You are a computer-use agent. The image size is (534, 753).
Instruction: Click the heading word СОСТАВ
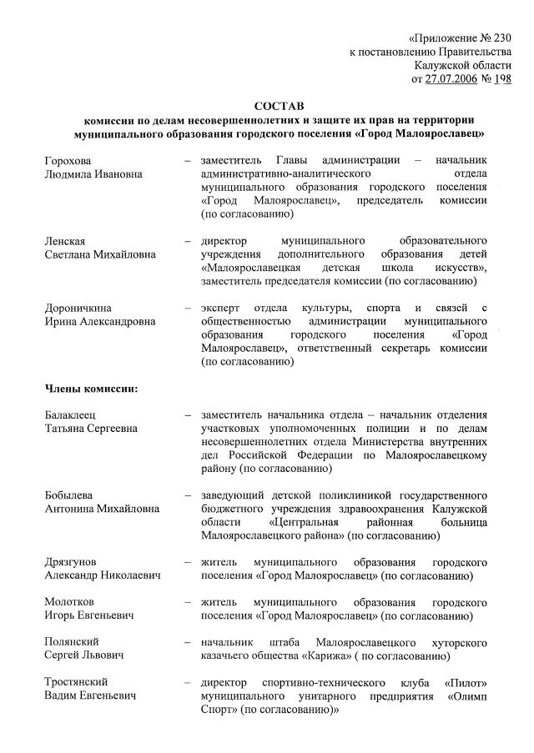(x=280, y=105)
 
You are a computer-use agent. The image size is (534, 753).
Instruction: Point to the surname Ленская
(x=65, y=241)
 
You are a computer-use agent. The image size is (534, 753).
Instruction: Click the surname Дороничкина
(x=78, y=309)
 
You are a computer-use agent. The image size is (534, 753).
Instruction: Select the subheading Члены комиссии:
(x=91, y=389)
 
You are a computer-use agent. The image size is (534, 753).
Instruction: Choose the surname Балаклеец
(x=73, y=414)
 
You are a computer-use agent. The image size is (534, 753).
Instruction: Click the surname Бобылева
(x=69, y=495)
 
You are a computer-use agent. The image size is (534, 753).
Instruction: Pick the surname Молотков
(x=70, y=601)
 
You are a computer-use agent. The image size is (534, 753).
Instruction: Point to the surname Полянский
(x=72, y=641)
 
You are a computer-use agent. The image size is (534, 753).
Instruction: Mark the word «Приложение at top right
(x=446, y=38)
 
